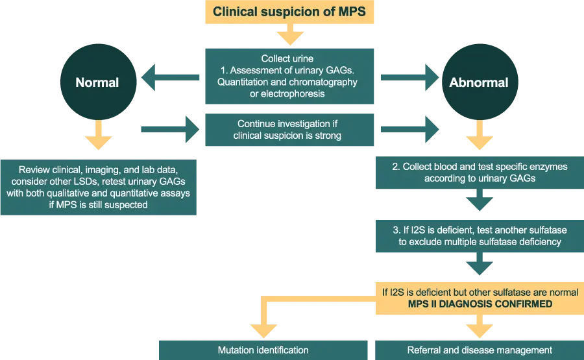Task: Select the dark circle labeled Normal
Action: (97, 82)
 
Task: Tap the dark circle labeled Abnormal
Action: (479, 82)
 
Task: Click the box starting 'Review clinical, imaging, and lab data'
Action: (99, 186)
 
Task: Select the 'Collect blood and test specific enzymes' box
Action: (479, 172)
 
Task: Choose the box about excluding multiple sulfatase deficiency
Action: (479, 235)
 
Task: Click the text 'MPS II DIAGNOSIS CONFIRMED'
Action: (480, 304)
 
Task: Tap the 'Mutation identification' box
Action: (263, 350)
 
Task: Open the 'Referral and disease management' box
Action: (479, 350)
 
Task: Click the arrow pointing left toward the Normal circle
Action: (171, 79)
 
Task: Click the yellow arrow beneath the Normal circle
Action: (97, 134)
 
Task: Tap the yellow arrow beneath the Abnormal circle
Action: (479, 141)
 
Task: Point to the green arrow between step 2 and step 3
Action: (479, 204)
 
